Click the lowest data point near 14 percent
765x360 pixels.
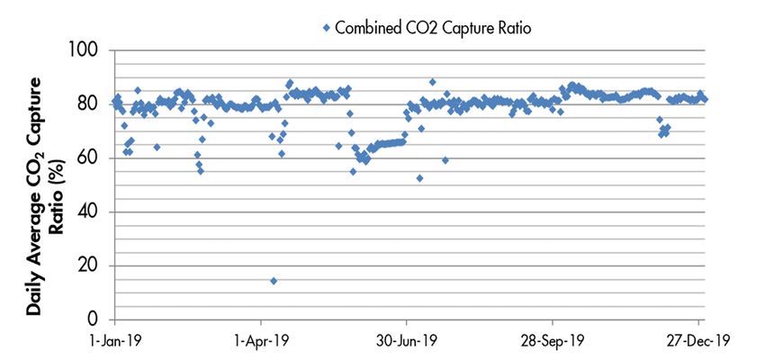coord(273,281)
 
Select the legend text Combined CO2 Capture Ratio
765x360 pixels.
coord(434,28)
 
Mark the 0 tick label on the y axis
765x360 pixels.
coord(96,319)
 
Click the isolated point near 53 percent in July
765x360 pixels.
coord(419,178)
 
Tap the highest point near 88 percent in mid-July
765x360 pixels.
coord(433,82)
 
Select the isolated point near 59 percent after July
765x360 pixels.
coord(445,160)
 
